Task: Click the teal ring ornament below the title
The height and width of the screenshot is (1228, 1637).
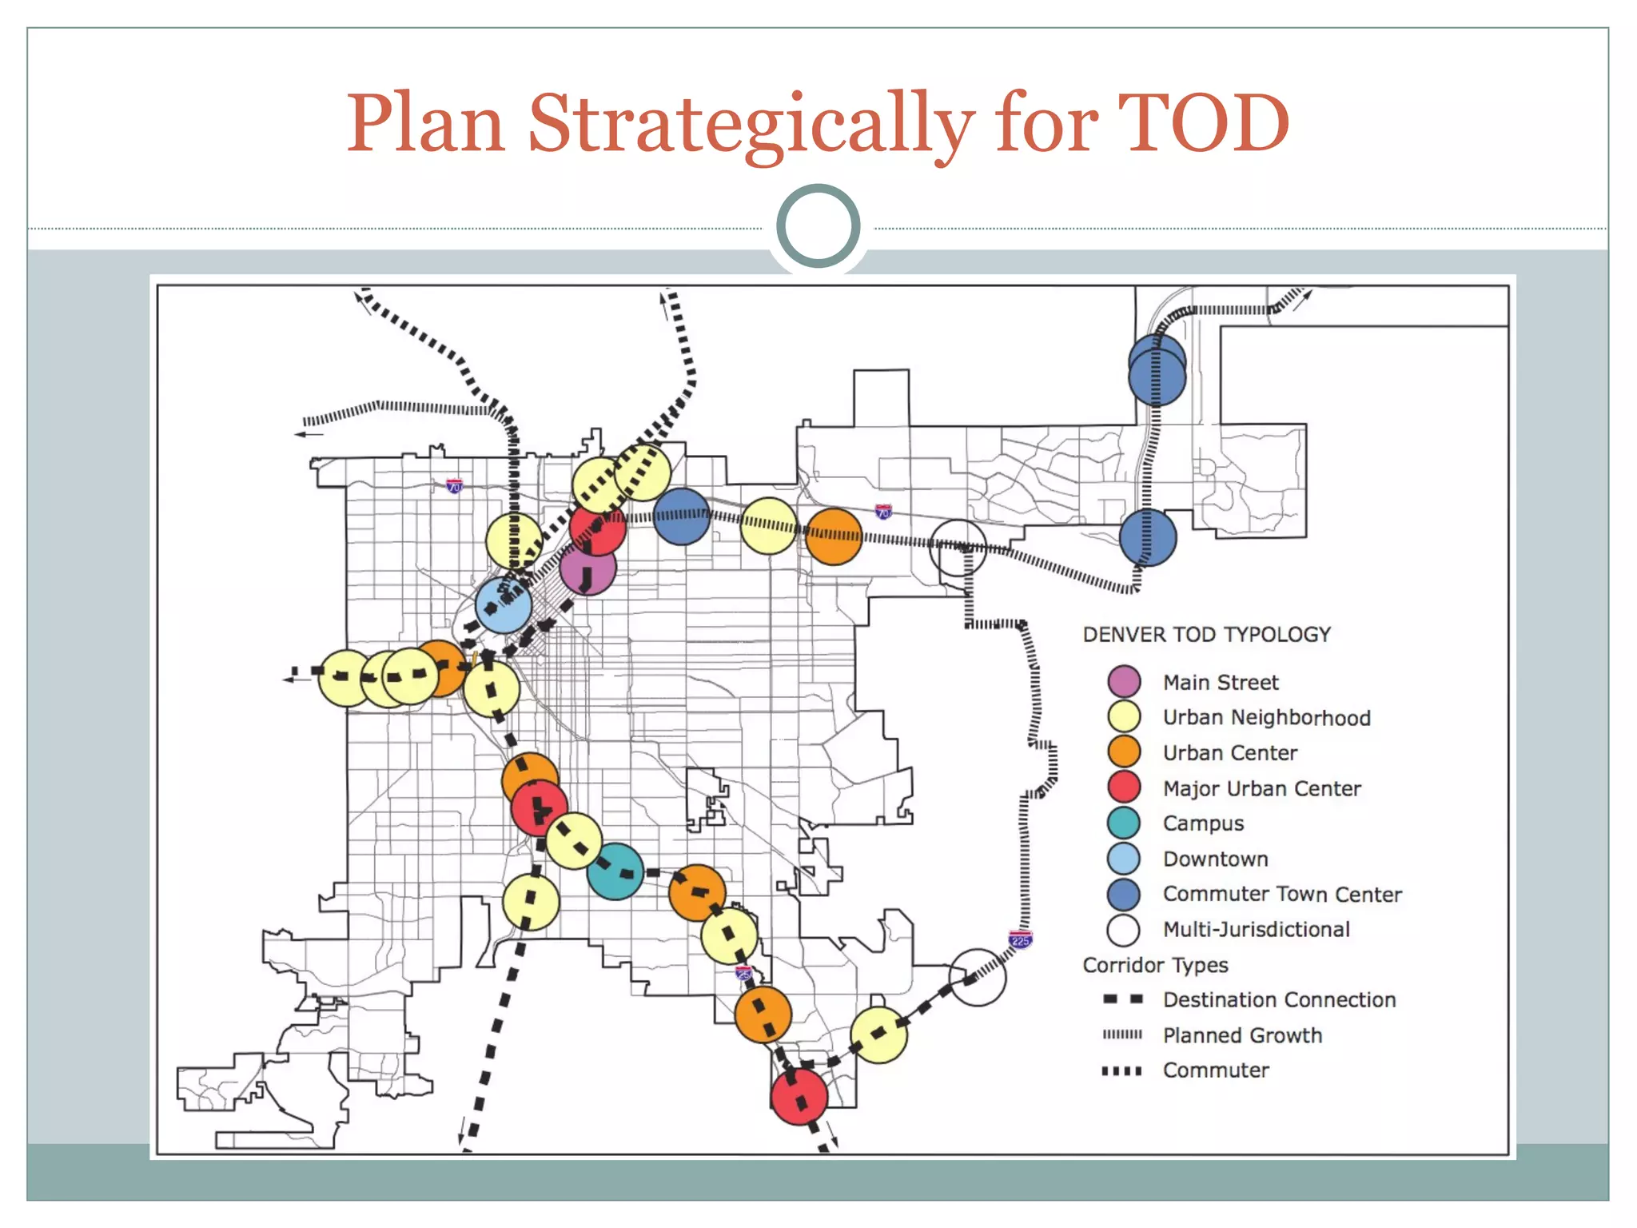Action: point(818,225)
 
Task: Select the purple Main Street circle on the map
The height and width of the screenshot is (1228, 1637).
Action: point(587,568)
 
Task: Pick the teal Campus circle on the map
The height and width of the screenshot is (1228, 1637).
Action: point(615,871)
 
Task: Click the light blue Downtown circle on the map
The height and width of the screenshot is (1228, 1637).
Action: point(503,605)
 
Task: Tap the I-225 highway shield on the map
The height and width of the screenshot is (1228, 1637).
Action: point(1021,940)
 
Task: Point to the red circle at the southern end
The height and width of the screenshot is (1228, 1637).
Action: point(799,1097)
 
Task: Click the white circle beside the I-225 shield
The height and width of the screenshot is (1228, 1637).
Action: point(978,977)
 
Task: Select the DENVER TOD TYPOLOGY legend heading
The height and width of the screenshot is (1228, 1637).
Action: point(1206,635)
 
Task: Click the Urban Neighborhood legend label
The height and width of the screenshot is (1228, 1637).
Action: point(1266,718)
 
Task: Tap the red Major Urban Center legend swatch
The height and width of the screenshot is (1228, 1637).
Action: point(1124,787)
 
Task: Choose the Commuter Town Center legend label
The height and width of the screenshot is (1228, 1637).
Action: point(1282,894)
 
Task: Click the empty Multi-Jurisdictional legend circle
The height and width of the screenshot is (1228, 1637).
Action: point(1124,930)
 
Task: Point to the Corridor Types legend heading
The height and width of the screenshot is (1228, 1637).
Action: point(1155,965)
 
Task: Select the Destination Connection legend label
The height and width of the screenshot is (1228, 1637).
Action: point(1279,1000)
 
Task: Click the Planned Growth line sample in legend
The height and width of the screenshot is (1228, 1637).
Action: point(1122,1035)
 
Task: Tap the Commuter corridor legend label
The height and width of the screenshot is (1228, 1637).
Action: point(1216,1071)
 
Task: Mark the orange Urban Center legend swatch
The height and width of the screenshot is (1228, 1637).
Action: point(1124,752)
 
